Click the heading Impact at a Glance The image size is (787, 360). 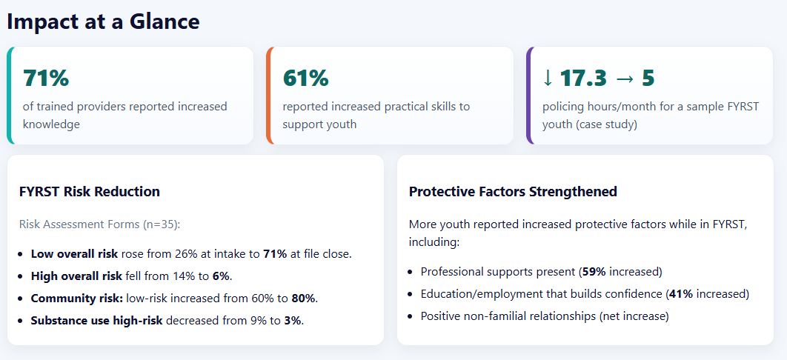[x=103, y=21]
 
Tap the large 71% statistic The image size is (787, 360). [x=46, y=78]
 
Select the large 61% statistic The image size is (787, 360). [x=305, y=78]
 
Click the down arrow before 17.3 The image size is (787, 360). [x=548, y=78]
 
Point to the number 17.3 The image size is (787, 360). [x=583, y=78]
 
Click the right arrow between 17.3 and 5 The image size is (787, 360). [x=624, y=78]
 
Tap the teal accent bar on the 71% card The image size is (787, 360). [x=10, y=95]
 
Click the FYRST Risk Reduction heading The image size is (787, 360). [x=90, y=192]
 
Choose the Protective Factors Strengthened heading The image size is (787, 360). [x=513, y=192]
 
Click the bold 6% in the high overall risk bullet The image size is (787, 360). [x=220, y=276]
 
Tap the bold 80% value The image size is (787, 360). [x=304, y=299]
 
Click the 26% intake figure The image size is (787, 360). [x=186, y=254]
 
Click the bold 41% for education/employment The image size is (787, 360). [x=681, y=294]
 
